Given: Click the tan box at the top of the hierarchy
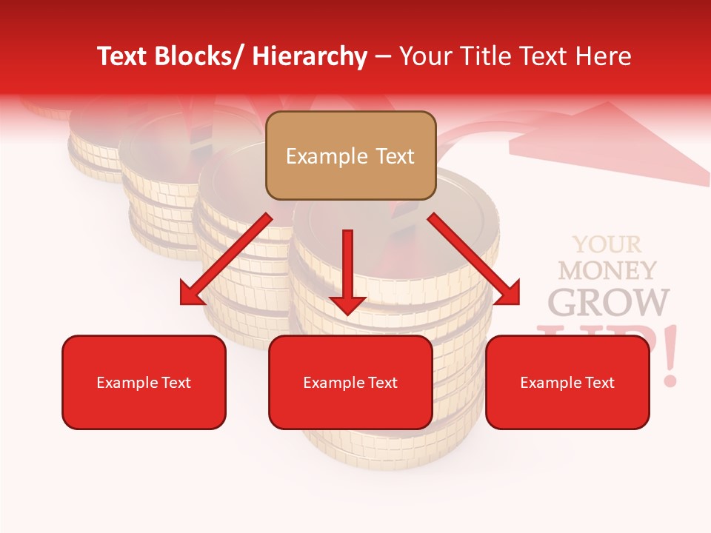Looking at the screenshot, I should (350, 155).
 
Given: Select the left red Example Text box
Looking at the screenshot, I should (144, 382).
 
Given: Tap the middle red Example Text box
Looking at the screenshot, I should (350, 382).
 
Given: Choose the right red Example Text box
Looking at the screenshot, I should (567, 382).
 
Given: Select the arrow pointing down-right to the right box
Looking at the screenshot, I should (475, 259).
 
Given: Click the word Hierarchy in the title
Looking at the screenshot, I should (310, 56).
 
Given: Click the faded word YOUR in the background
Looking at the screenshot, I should (607, 244).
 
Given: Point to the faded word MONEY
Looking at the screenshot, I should (607, 270).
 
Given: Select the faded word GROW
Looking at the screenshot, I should (607, 301).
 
